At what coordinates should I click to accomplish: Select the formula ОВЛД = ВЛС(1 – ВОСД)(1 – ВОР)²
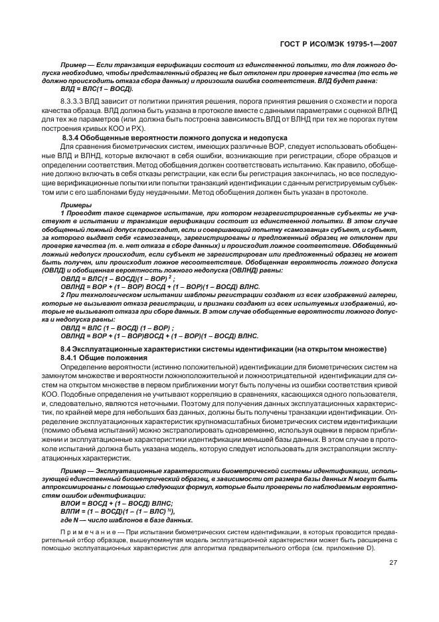pyautogui.click(x=118, y=279)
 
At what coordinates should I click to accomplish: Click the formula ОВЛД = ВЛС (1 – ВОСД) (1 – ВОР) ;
pyautogui.click(x=117, y=328)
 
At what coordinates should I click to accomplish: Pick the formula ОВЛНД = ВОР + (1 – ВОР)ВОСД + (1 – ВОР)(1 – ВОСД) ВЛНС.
pyautogui.click(x=159, y=336)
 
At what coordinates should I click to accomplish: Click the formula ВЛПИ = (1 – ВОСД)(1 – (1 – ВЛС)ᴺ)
pyautogui.click(x=117, y=512)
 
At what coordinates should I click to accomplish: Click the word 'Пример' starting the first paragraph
pyautogui.click(x=72, y=61)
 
